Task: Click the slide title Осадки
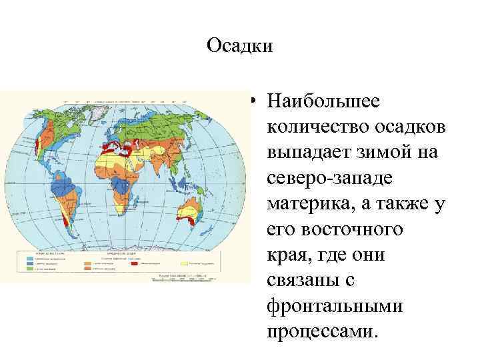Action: click(240, 46)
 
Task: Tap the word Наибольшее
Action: click(323, 102)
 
